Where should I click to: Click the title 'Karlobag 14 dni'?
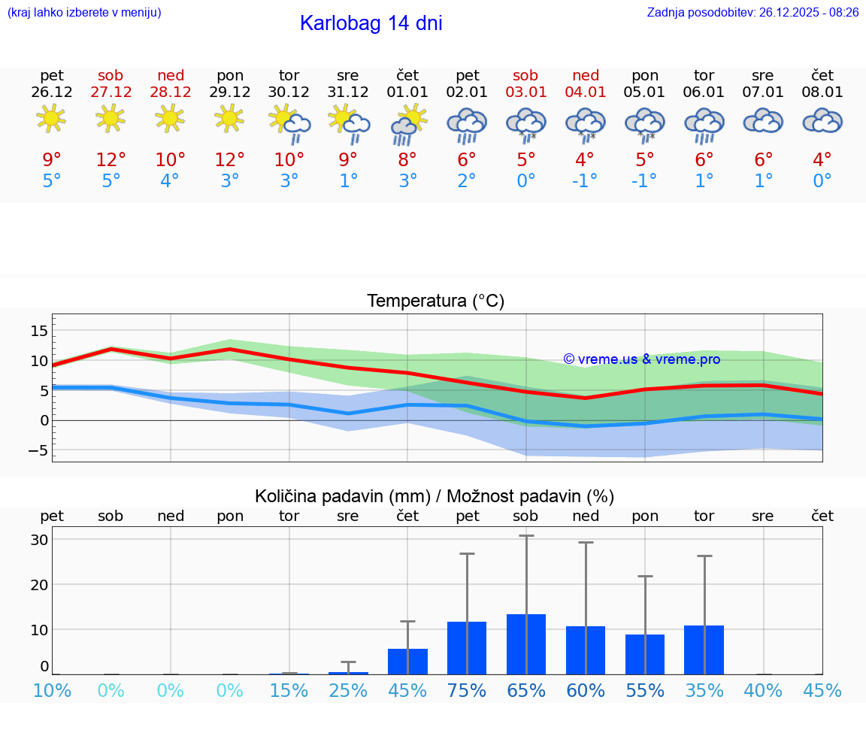click(371, 23)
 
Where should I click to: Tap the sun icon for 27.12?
click(111, 118)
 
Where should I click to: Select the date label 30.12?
click(289, 92)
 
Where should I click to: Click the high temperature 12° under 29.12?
click(230, 160)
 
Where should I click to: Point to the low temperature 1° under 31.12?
click(348, 181)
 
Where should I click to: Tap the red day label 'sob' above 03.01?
click(525, 75)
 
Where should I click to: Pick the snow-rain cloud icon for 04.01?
click(585, 124)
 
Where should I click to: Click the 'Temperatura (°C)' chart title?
click(435, 301)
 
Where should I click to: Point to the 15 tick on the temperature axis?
click(40, 331)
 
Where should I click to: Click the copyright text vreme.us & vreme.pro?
click(641, 359)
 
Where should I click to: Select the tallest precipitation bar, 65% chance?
click(526, 644)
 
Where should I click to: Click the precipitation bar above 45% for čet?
click(407, 661)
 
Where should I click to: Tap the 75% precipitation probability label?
click(466, 691)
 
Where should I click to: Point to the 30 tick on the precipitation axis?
click(39, 540)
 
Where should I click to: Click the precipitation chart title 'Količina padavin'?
click(435, 496)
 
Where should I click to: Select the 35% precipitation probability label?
click(704, 691)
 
